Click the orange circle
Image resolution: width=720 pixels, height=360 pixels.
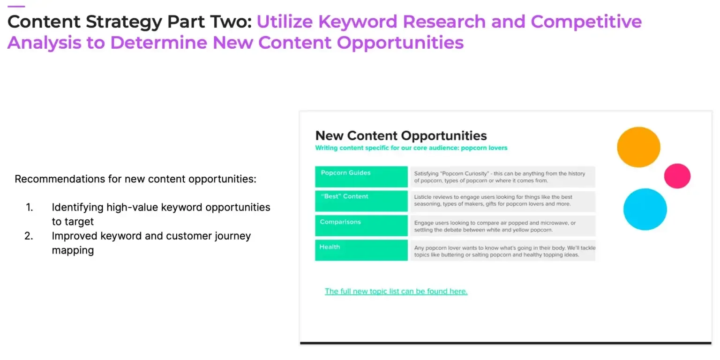tap(638, 147)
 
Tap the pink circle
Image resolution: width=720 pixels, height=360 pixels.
tap(677, 176)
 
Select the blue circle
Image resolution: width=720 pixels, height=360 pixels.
tap(645, 209)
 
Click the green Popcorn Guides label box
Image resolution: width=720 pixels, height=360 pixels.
tap(361, 177)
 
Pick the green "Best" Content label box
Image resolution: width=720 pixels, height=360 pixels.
tap(361, 201)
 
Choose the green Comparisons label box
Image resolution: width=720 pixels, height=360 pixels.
tap(361, 225)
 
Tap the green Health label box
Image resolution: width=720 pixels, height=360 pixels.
tap(361, 250)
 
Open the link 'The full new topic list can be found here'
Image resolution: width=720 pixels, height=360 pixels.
tap(396, 291)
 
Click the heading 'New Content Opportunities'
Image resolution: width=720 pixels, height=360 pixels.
tap(401, 135)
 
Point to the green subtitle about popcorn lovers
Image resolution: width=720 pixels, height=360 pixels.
tap(411, 148)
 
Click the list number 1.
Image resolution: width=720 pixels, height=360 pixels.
tap(30, 207)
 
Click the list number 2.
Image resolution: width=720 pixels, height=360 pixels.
tap(29, 236)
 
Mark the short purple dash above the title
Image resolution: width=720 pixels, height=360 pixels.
tap(16, 6)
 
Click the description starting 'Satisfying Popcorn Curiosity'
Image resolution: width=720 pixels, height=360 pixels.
tap(502, 177)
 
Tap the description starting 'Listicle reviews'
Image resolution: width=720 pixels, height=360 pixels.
tap(502, 201)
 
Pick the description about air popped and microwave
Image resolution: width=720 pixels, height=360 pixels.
tap(502, 226)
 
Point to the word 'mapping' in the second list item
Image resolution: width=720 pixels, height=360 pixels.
tap(73, 250)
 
